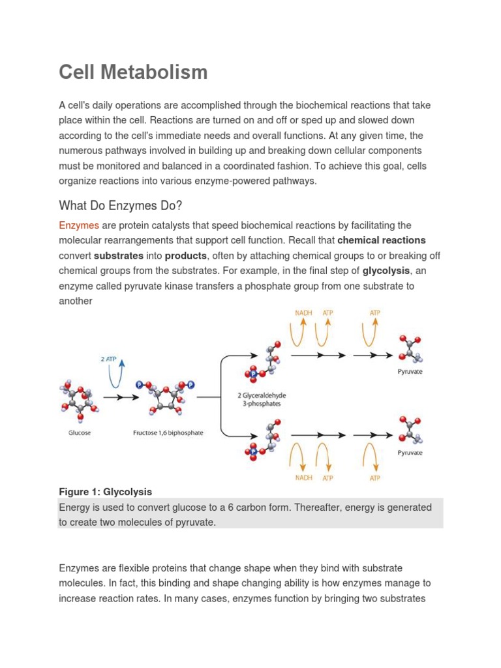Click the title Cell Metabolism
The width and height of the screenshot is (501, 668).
coord(133,72)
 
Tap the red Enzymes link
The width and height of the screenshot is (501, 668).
coord(79,226)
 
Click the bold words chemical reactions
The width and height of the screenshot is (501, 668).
coord(382,241)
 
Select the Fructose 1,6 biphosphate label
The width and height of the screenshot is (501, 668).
coord(168,433)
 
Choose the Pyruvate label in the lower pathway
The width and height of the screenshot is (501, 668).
coord(410,452)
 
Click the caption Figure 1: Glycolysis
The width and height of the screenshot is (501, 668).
coord(105,492)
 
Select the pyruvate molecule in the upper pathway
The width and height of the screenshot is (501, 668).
coord(410,349)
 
